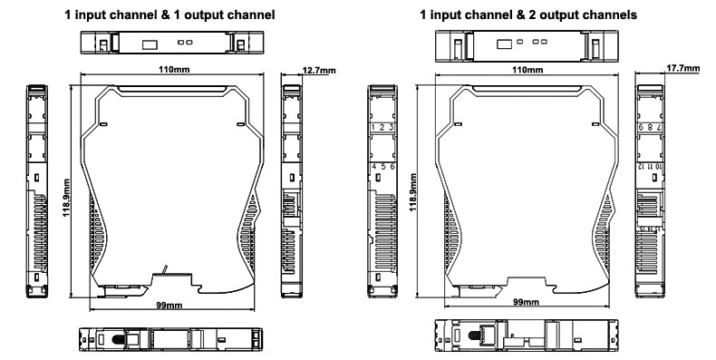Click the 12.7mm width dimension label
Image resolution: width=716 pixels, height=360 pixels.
[x=319, y=70]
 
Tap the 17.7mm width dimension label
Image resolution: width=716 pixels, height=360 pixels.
[x=682, y=68]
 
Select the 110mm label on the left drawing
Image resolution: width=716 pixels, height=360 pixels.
[x=174, y=70]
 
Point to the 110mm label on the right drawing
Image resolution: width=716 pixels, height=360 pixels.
[x=527, y=70]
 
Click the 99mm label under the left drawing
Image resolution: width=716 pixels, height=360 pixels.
[x=169, y=305]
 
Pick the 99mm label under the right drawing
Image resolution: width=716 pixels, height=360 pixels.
[x=526, y=302]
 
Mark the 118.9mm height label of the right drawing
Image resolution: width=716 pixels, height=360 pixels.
[x=412, y=192]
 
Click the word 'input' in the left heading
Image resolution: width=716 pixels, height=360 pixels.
[x=90, y=15]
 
